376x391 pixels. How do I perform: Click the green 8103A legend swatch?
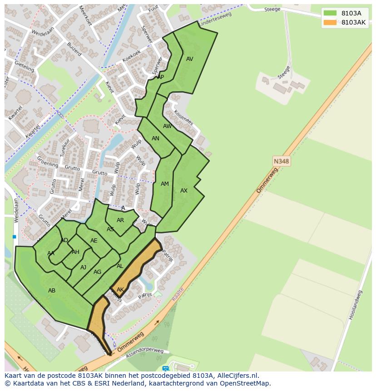tap(330, 13)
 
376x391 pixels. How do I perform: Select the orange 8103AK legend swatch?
tap(330, 22)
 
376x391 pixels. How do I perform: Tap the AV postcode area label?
tap(190, 59)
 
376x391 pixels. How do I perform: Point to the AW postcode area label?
tap(168, 126)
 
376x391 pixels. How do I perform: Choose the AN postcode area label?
tap(155, 139)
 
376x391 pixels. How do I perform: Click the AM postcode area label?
tap(165, 184)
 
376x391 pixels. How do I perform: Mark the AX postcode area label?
tap(184, 191)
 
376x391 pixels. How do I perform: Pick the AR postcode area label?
tap(120, 220)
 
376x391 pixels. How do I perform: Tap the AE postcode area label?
tap(94, 241)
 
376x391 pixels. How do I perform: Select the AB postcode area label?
tap(52, 290)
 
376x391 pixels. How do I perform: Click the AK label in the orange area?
tap(120, 290)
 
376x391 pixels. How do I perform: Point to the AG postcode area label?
tap(97, 272)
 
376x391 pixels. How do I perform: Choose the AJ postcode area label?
tap(83, 267)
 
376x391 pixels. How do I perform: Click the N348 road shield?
tap(282, 161)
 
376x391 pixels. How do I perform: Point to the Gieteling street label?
tap(24, 66)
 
